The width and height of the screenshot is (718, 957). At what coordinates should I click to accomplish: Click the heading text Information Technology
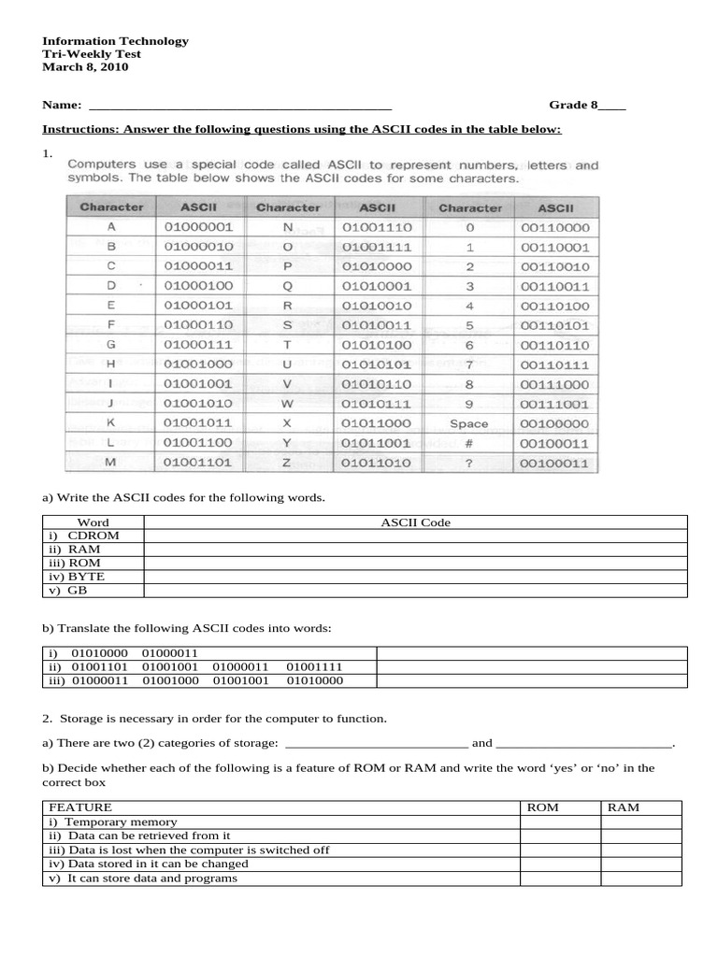115,41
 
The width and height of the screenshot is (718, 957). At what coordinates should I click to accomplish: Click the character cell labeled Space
469,423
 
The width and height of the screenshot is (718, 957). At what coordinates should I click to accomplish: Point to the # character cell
469,443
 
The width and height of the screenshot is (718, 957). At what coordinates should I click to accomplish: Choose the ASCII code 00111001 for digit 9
554,404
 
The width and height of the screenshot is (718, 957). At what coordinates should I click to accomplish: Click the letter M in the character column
111,463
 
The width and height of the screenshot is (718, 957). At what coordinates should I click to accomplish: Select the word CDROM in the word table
93,536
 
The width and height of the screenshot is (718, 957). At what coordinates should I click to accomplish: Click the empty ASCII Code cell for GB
415,591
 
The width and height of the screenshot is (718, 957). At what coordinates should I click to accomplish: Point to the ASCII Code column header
415,522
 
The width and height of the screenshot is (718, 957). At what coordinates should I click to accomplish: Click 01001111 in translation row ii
314,667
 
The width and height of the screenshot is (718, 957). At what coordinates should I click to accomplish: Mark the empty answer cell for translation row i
531,653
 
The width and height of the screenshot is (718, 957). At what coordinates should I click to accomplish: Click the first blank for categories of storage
375,744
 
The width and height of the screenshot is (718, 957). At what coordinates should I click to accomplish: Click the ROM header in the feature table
543,807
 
